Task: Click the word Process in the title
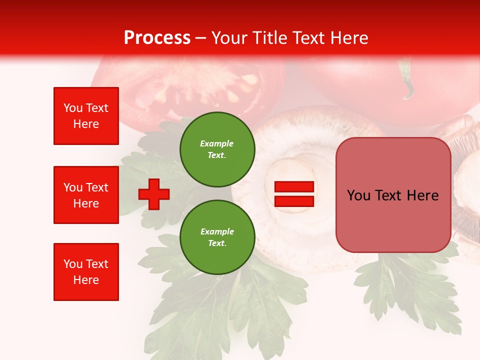[157, 38]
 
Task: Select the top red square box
[86, 116]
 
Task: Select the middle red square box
[86, 195]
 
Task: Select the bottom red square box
[86, 272]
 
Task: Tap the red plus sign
[154, 194]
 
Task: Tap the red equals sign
[294, 194]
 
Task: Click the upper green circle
[217, 149]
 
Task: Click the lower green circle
[217, 237]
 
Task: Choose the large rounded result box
[393, 195]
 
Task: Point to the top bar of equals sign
[294, 187]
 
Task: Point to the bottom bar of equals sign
[294, 201]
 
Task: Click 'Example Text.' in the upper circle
[217, 149]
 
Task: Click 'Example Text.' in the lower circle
[217, 237]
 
